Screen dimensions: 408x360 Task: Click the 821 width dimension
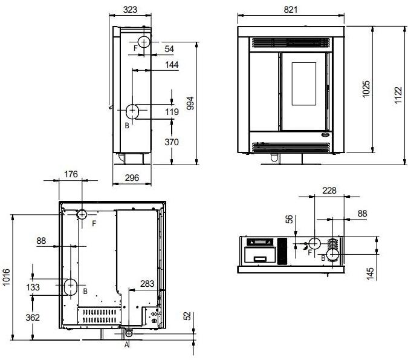[x=290, y=10]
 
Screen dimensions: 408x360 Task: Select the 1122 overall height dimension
[x=398, y=96]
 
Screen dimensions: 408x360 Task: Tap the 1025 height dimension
[x=366, y=89]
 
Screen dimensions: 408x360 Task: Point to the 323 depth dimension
[x=130, y=10]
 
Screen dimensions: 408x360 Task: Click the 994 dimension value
[x=190, y=103]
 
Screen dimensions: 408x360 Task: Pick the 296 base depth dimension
[x=132, y=178]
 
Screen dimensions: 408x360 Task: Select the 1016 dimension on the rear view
[x=6, y=277]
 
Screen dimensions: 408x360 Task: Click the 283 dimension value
[x=147, y=284]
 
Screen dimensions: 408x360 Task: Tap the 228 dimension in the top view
[x=329, y=191]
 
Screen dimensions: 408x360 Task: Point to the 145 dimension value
[x=370, y=273]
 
